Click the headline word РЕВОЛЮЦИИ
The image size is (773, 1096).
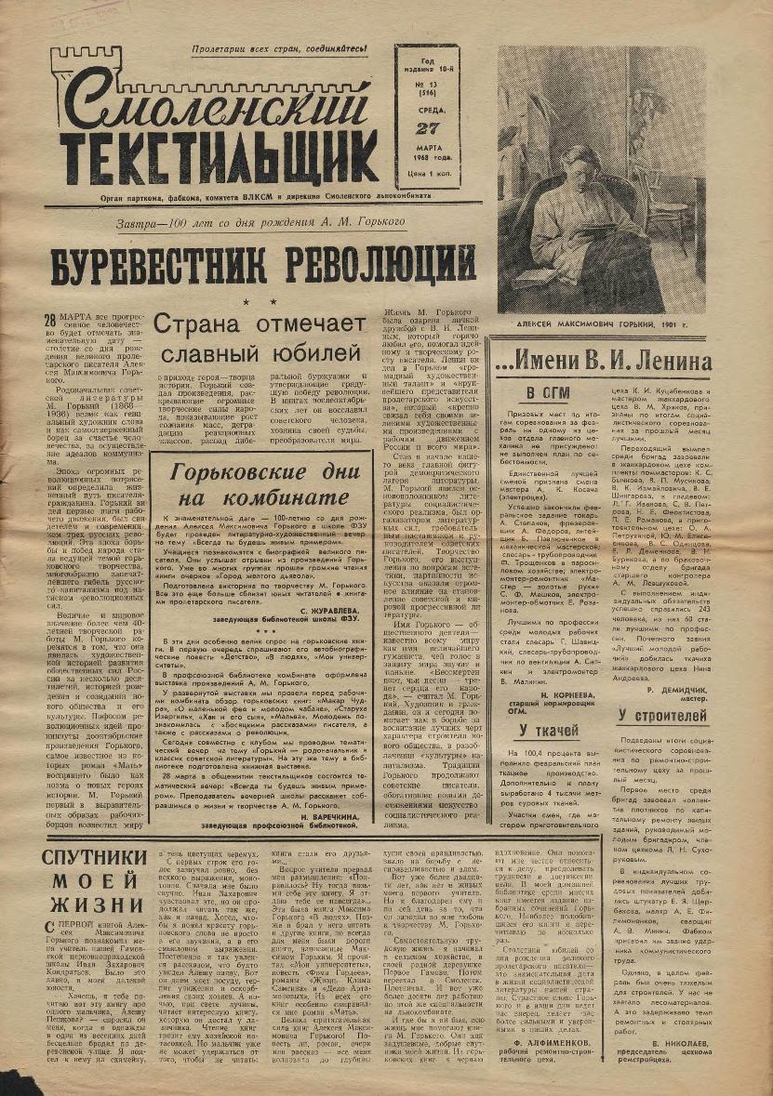(x=371, y=265)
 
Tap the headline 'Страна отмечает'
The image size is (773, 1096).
(x=260, y=324)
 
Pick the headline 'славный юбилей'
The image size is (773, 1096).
(x=260, y=355)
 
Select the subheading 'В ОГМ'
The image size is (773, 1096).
(x=548, y=392)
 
